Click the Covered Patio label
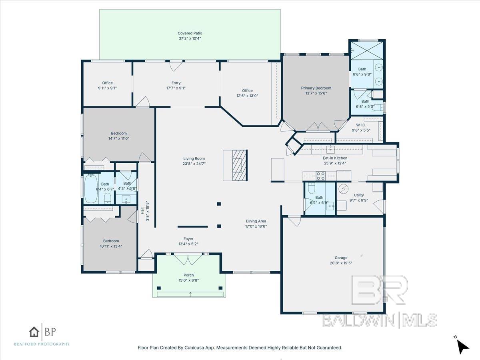[x=190, y=33]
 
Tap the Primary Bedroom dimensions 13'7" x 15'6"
[x=316, y=93]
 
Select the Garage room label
[x=341, y=258]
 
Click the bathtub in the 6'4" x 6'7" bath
[x=91, y=189]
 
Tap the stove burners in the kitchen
[x=320, y=176]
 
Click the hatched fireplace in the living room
[x=240, y=165]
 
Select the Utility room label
[x=359, y=195]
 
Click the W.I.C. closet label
[x=361, y=125]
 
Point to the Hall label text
[x=142, y=211]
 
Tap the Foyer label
[x=188, y=239]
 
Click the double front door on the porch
[x=188, y=259]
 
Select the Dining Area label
[x=256, y=221]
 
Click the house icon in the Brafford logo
[x=34, y=332]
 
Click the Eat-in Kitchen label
[x=335, y=158]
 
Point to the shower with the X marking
[x=367, y=50]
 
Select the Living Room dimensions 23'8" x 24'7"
[x=194, y=164]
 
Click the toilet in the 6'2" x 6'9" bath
[x=311, y=188]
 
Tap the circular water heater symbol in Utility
[x=343, y=189]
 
